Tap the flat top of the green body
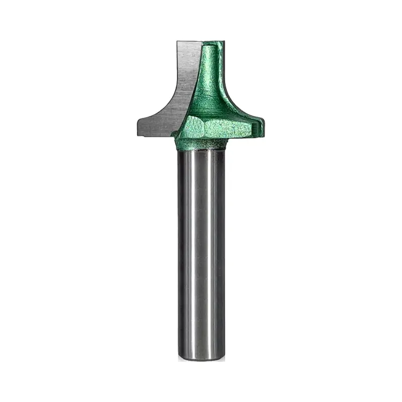[x=212, y=41]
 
